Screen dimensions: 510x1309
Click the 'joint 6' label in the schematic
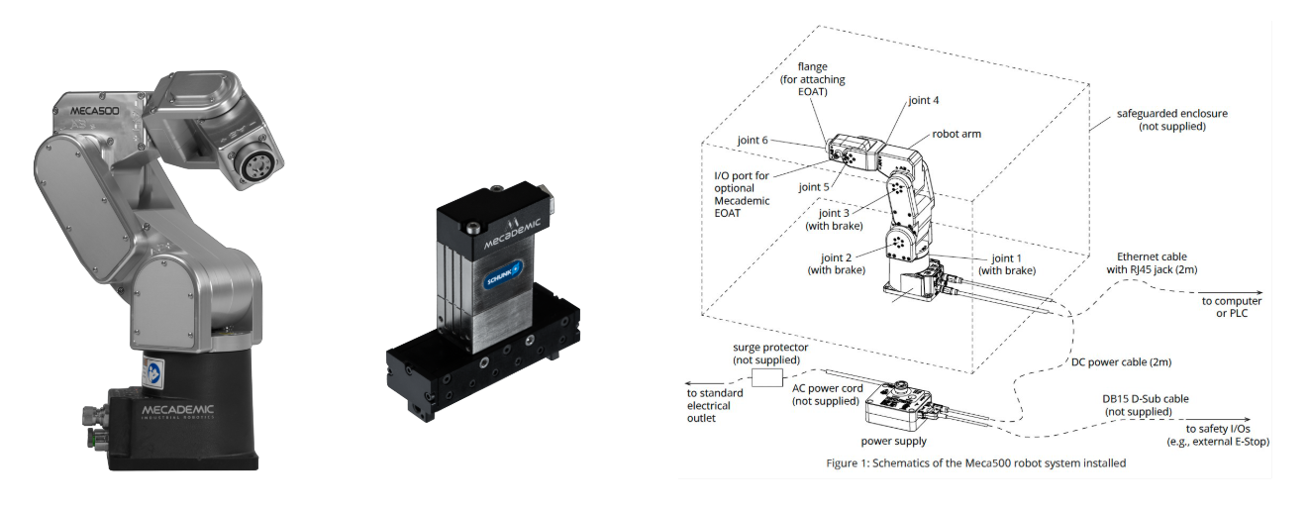pyautogui.click(x=752, y=141)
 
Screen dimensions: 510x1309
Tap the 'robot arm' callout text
pyautogui.click(x=957, y=134)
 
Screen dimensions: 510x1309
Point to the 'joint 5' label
pyautogui.click(x=814, y=186)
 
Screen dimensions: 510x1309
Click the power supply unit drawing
pyautogui.click(x=896, y=405)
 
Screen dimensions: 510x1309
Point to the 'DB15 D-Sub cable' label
pyautogui.click(x=1146, y=405)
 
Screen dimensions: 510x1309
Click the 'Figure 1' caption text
pyautogui.click(x=975, y=462)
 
